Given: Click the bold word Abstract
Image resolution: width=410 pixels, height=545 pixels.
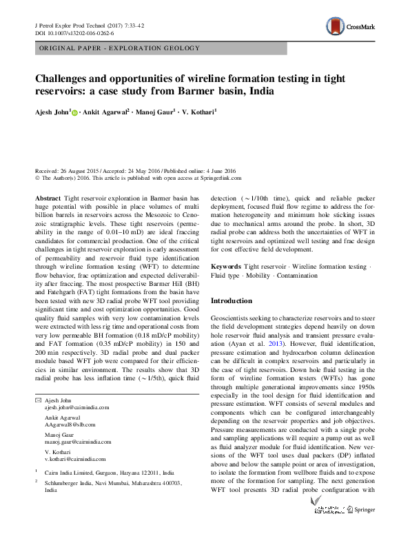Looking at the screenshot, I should click(47, 196).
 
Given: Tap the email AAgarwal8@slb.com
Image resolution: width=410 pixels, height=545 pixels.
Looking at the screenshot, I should click(70, 425).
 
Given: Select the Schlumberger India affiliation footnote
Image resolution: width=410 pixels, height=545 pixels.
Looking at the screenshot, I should click(112, 484).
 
